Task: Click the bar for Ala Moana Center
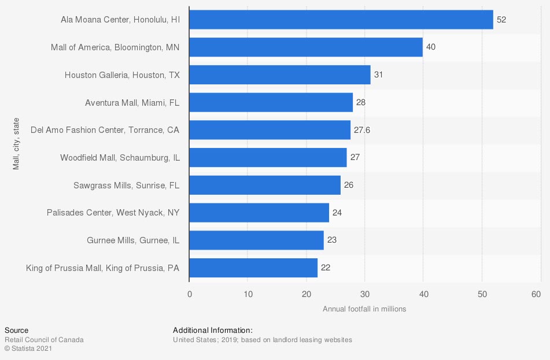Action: pos(341,20)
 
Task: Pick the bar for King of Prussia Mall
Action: pos(253,268)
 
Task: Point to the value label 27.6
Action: pos(362,130)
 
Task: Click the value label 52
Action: pos(501,20)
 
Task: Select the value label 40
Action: pos(431,47)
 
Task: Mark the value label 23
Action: pos(332,240)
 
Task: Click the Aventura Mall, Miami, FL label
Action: pos(132,102)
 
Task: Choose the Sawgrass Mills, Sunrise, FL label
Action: pos(126,185)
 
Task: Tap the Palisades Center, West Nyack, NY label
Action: pos(113,213)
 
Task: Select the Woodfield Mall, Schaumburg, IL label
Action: pos(120,157)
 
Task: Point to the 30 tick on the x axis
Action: pos(364,294)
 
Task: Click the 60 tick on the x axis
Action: pos(540,294)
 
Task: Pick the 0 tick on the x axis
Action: pos(189,294)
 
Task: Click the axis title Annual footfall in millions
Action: pos(364,309)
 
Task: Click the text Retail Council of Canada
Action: pos(44,340)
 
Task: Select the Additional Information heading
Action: pos(213,330)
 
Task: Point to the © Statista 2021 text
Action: pos(29,348)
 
